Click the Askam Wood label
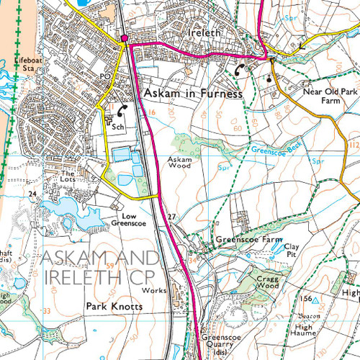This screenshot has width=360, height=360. [x=180, y=163]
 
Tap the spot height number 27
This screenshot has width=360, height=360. [x=171, y=217]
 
